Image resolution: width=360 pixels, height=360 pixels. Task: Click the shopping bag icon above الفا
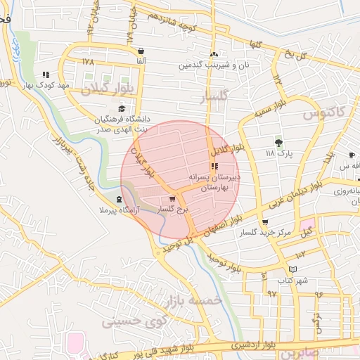coord(142,51)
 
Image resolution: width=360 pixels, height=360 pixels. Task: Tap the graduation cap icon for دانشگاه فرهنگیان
coord(122,108)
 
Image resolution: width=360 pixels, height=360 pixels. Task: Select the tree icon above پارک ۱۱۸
coord(279,142)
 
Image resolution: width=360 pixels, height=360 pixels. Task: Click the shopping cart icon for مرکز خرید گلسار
coord(264,222)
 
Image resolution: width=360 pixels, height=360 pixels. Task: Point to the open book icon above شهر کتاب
coord(293,269)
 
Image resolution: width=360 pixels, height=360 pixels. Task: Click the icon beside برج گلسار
coord(173,200)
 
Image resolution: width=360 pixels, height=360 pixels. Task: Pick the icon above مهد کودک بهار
coord(46,74)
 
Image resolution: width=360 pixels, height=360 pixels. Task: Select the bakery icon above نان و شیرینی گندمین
coord(214,54)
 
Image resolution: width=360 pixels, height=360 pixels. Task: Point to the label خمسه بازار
coord(193,301)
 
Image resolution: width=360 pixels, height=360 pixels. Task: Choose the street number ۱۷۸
coord(87,62)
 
